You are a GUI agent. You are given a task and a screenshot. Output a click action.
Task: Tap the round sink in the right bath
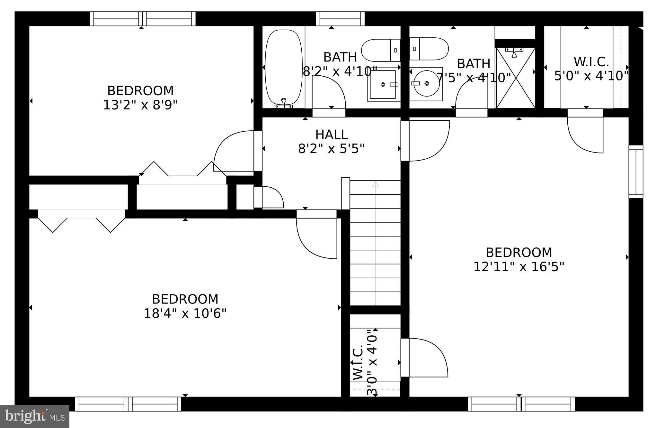pyautogui.click(x=426, y=84)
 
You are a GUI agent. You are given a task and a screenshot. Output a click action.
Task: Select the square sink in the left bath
pyautogui.click(x=382, y=85)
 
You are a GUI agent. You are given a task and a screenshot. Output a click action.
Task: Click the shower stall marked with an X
pyautogui.click(x=515, y=78)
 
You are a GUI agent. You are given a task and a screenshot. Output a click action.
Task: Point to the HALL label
pyautogui.click(x=331, y=135)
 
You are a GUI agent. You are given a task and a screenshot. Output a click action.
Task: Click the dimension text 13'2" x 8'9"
pyautogui.click(x=140, y=105)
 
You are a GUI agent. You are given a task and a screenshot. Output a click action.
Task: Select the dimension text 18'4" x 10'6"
pyautogui.click(x=185, y=313)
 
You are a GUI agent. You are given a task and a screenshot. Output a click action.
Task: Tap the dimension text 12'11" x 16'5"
pyautogui.click(x=519, y=267)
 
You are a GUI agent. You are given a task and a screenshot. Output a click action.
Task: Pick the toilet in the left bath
pyautogui.click(x=381, y=50)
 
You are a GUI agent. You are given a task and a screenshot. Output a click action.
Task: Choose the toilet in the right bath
pyautogui.click(x=429, y=49)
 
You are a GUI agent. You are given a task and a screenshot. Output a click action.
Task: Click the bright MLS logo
pyautogui.click(x=35, y=416)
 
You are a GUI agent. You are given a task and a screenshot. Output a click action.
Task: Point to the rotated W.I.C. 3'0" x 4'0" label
pyautogui.click(x=365, y=362)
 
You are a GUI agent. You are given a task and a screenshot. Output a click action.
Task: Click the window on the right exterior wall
pyautogui.click(x=636, y=172)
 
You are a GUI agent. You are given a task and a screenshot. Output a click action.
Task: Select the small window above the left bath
pyautogui.click(x=340, y=19)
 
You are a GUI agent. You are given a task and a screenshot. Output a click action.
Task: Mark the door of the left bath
pyautogui.click(x=329, y=93)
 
